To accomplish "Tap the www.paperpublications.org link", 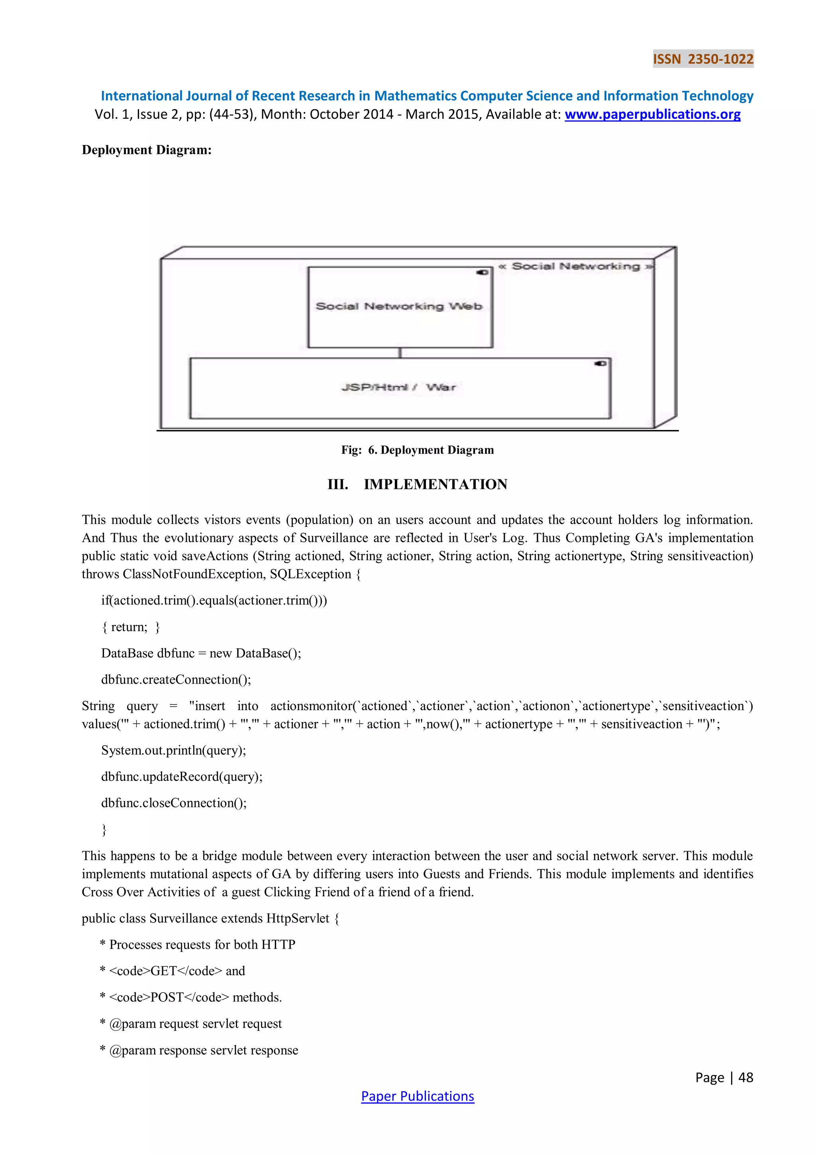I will click(652, 115).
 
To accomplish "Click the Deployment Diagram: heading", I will click(147, 150).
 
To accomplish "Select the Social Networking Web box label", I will click(399, 306).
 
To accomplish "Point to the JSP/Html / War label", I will click(399, 387).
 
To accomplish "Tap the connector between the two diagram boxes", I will click(400, 353).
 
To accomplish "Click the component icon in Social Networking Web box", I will click(483, 273).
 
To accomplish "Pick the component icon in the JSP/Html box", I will click(600, 363).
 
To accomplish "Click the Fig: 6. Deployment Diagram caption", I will click(418, 450).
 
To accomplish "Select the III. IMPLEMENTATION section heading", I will click(418, 485).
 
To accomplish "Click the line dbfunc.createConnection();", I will click(176, 679).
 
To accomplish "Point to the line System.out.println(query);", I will click(173, 750).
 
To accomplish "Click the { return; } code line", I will click(131, 627).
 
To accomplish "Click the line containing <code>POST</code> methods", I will click(191, 997).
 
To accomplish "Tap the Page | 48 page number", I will click(724, 1077).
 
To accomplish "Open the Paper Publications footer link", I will click(418, 1096).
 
